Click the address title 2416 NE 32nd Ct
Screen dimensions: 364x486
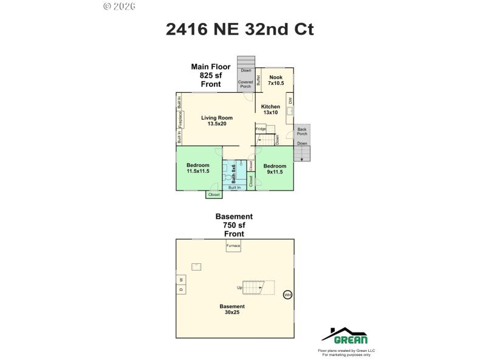click(239, 29)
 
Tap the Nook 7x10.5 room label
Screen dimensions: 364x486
click(276, 80)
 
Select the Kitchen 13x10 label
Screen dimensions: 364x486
click(270, 109)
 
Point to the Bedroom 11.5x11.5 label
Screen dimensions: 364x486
click(198, 168)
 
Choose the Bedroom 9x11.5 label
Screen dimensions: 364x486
click(275, 168)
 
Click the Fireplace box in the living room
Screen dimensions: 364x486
click(180, 120)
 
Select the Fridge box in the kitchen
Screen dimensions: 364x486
click(261, 129)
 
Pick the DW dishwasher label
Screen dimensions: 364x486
click(290, 101)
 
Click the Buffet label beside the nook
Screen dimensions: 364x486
click(258, 79)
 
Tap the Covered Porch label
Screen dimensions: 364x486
click(245, 84)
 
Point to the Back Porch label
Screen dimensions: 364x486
click(302, 131)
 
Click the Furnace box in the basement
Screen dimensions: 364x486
click(233, 246)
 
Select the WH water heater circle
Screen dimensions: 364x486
click(288, 295)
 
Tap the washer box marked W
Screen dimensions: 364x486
click(180, 280)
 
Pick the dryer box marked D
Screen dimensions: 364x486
click(180, 289)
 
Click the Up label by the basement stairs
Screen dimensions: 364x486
click(240, 288)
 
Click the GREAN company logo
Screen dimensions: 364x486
click(344, 335)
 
